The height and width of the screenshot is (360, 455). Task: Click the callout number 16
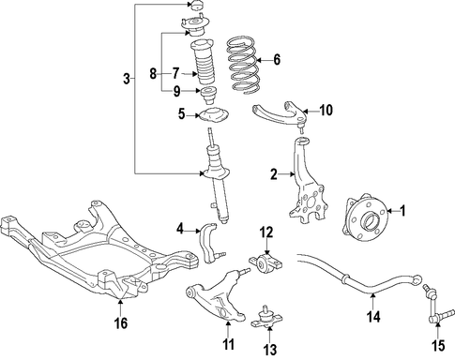tap(121, 322)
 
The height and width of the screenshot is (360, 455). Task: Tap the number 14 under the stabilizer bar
tap(373, 317)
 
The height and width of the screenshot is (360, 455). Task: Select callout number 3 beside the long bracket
tap(127, 79)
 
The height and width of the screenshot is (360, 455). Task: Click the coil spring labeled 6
tap(242, 66)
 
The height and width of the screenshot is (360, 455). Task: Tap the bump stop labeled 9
tap(208, 96)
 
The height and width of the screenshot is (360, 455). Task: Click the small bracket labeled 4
tap(209, 243)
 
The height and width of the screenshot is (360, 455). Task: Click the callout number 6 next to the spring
tap(277, 59)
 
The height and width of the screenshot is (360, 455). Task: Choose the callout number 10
tap(326, 110)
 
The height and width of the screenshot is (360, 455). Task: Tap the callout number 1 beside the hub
tap(403, 211)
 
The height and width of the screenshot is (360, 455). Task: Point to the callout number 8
tap(153, 74)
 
